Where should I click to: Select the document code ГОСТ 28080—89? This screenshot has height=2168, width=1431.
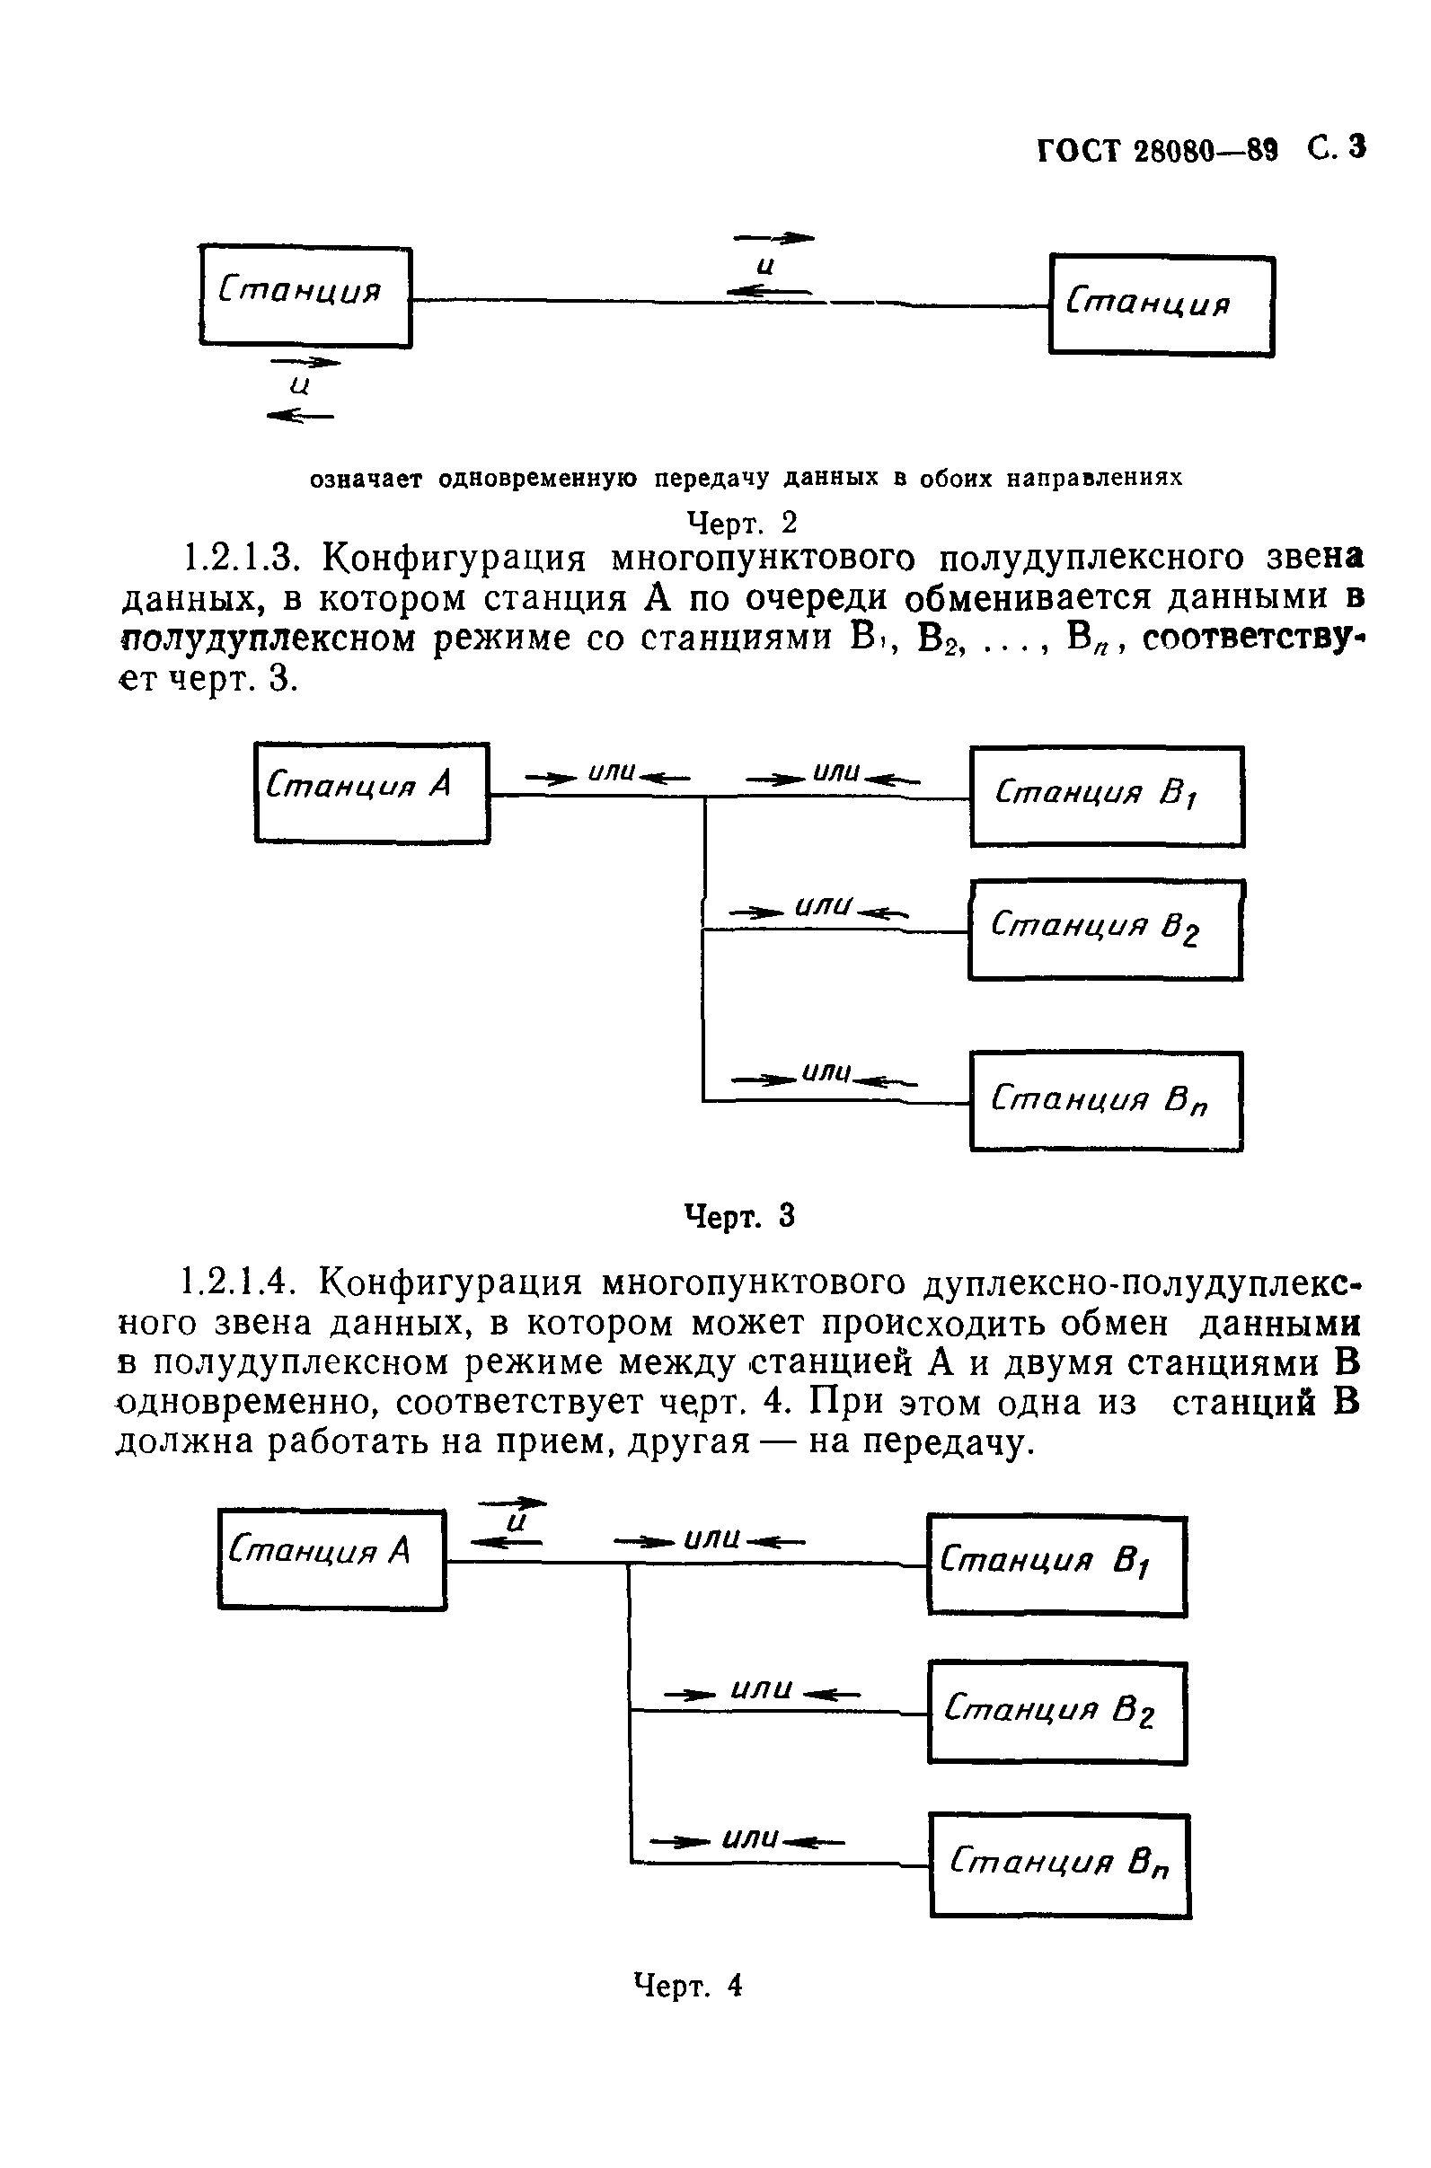tap(1156, 151)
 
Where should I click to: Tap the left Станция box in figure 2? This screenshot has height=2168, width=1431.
tap(305, 296)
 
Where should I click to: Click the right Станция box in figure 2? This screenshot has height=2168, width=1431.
tap(1161, 305)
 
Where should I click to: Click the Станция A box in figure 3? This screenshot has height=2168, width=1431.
tap(371, 792)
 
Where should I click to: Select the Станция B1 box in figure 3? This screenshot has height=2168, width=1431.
tap(1106, 797)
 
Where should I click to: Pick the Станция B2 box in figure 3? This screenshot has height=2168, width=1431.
tap(1105, 930)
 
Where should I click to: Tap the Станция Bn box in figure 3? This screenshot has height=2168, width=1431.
tap(1106, 1100)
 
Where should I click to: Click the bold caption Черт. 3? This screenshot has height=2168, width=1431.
tap(739, 1215)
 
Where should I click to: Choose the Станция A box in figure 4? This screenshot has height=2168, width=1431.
tap(332, 1559)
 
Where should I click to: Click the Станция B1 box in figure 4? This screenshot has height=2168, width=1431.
tap(1056, 1564)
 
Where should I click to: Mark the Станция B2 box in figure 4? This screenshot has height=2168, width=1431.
tap(1056, 1713)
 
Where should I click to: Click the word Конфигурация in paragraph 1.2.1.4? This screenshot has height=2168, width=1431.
tap(453, 1282)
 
